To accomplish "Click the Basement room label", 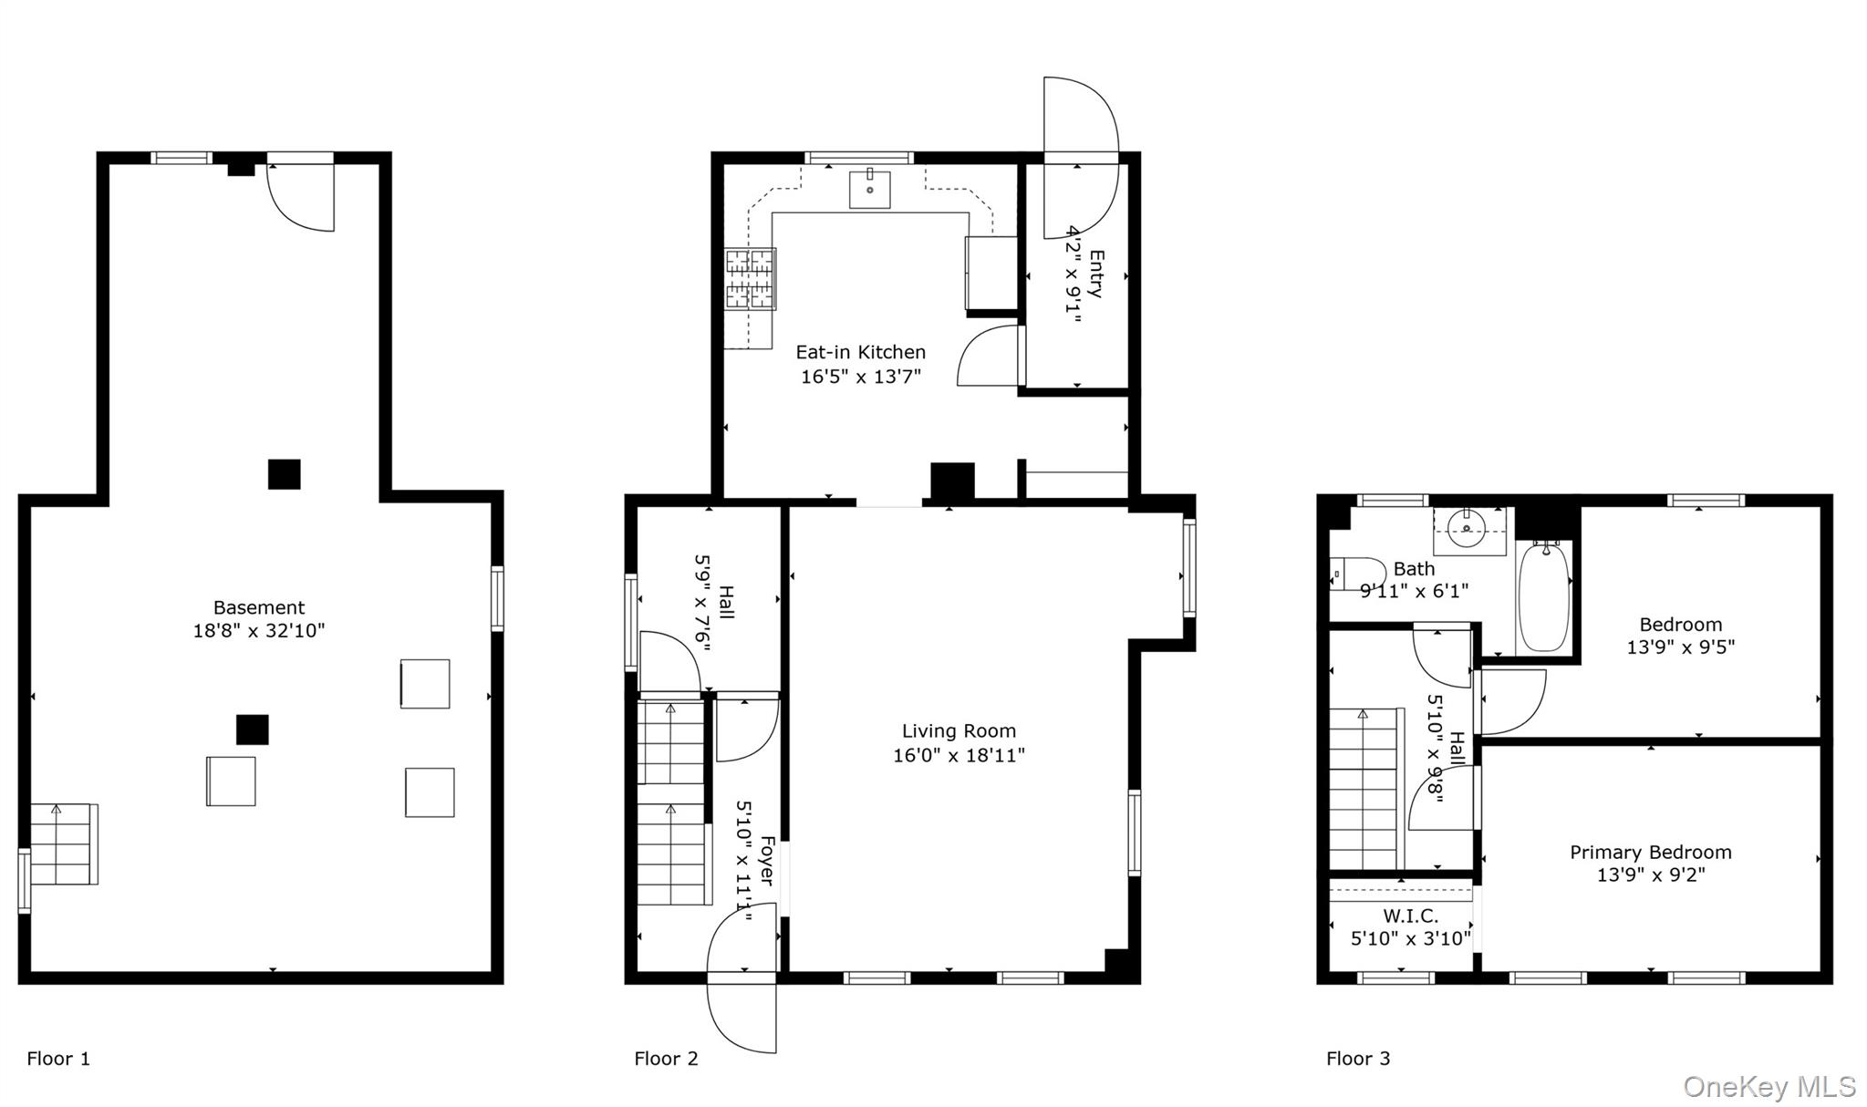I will [x=259, y=607].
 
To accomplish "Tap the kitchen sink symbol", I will [x=869, y=190].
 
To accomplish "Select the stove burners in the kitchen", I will [x=751, y=278].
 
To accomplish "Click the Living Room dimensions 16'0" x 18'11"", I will [x=959, y=755].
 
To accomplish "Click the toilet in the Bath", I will [x=1355, y=574].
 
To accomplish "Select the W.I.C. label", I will [x=1410, y=916].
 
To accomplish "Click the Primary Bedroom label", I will [x=1650, y=852].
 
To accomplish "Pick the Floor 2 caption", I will [x=666, y=1059].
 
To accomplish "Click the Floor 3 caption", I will [x=1358, y=1059].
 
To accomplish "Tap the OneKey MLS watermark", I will [x=1768, y=1087].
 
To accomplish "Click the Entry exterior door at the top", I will [x=1081, y=119].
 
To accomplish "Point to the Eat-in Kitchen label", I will [x=860, y=352].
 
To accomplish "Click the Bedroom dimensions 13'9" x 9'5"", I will [x=1680, y=647].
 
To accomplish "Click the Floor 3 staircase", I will [x=1363, y=789].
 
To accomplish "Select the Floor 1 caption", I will [x=58, y=1059].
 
